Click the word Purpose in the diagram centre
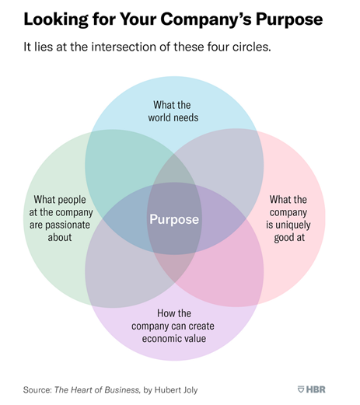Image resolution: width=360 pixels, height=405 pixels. point(174,220)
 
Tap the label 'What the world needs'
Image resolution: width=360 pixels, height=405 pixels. point(173,111)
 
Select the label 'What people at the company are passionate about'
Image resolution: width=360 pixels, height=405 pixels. point(61,218)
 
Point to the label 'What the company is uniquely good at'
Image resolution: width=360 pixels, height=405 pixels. point(288,218)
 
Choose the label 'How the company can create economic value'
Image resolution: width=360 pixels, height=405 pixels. point(173,326)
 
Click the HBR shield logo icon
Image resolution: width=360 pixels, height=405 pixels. point(301,389)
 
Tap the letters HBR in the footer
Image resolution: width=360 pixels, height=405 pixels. point(316,389)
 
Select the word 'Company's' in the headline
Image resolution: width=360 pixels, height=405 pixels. point(206,20)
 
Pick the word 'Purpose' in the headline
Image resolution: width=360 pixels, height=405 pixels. point(289,20)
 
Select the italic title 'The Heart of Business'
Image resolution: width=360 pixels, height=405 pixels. point(97,389)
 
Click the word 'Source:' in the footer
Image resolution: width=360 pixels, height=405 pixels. point(37,389)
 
